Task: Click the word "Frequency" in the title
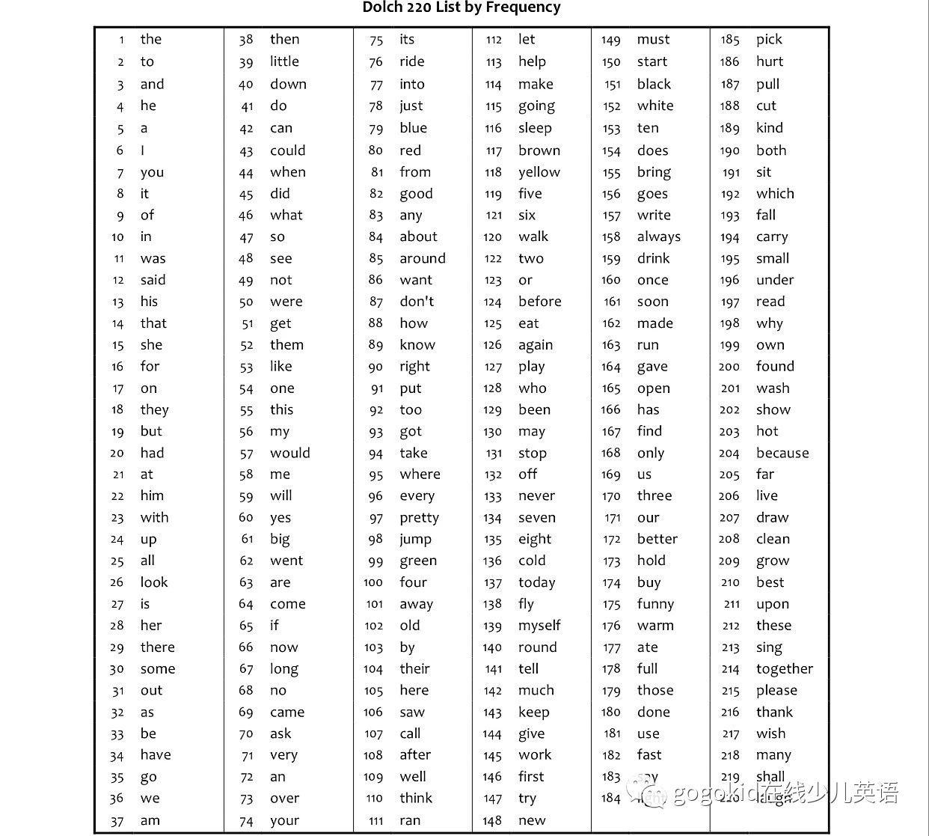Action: pos(524,7)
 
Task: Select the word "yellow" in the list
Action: pos(539,172)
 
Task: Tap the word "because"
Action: pos(782,453)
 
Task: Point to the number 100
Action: pos(373,582)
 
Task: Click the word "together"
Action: pos(784,669)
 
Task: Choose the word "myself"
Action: pos(539,626)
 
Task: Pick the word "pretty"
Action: pos(419,518)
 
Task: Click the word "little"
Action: pos(284,61)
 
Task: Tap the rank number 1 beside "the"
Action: pos(121,40)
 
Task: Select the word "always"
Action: pos(658,237)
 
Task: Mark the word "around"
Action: pos(422,258)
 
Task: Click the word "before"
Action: pos(539,302)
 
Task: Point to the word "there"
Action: pos(157,647)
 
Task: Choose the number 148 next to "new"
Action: pos(492,820)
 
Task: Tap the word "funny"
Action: pos(655,604)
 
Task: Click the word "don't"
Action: pos(417,302)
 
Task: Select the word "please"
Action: pos(776,691)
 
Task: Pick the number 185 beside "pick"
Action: pos(730,40)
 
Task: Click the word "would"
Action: pos(289,453)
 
